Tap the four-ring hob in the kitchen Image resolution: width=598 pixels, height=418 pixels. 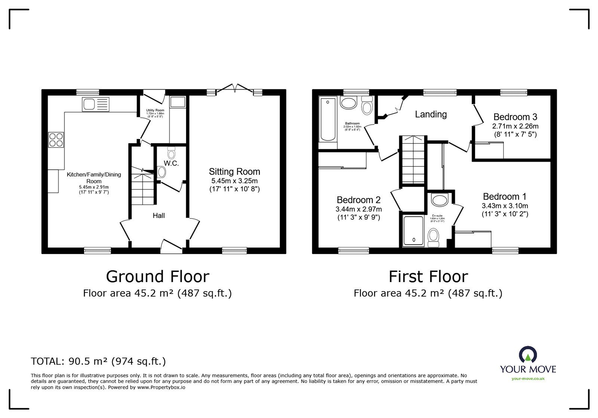(x=56, y=140)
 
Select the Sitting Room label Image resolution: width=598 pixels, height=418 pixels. (x=234, y=172)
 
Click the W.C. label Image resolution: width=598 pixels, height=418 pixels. (x=171, y=163)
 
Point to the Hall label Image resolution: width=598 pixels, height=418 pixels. (x=158, y=216)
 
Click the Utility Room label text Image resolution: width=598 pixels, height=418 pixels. (x=155, y=110)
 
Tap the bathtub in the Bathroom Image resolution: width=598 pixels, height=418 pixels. (x=328, y=120)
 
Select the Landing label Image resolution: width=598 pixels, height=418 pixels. (x=431, y=114)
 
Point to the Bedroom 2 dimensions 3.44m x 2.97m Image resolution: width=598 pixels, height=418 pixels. (x=359, y=209)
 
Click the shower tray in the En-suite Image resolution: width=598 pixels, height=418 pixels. (x=413, y=231)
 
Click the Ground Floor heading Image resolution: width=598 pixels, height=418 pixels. (x=157, y=277)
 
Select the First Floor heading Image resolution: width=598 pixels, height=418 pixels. (x=428, y=277)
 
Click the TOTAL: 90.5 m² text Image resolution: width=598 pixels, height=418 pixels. (x=98, y=361)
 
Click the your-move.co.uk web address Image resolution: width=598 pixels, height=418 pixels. (x=528, y=378)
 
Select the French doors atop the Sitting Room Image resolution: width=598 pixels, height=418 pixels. (x=235, y=89)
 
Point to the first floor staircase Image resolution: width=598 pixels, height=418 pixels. (x=413, y=161)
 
